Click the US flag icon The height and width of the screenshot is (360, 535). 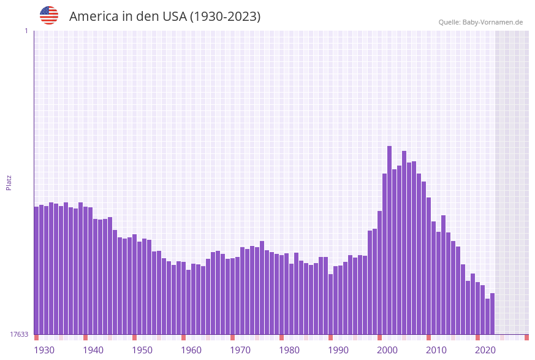coord(49,15)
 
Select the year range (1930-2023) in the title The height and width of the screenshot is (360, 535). coord(225,17)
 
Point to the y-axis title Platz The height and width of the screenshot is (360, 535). coord(9,182)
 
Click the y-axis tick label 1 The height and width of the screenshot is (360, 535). coord(26,31)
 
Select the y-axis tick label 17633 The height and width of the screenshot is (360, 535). coord(19,334)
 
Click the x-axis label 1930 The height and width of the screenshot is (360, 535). coord(44,350)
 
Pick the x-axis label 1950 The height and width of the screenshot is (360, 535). coord(142,350)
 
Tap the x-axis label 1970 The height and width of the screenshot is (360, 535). coord(240,350)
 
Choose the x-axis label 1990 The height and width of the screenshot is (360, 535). coord(338,350)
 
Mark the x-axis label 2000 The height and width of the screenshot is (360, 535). coord(387,350)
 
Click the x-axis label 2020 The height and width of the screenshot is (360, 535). coord(485,350)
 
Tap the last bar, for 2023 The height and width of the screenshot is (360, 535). coord(492,313)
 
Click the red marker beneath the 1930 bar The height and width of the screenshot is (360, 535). coord(36,337)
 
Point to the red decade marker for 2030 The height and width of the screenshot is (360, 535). coord(526,337)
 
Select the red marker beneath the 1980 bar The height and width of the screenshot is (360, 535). coord(281,337)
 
